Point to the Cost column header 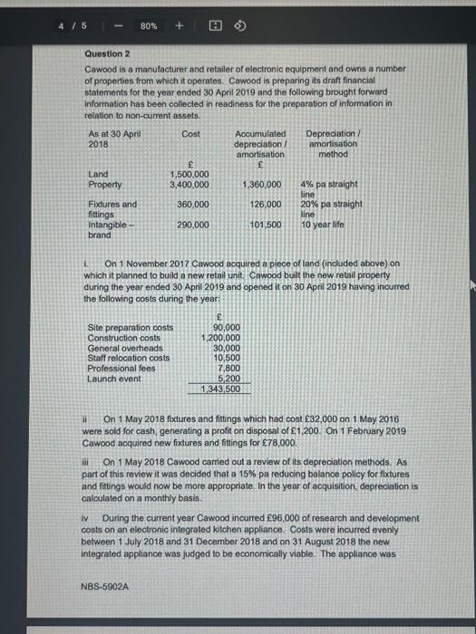point(190,133)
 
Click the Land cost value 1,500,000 point(189,175)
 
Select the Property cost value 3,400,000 point(189,185)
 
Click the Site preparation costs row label point(130,327)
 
